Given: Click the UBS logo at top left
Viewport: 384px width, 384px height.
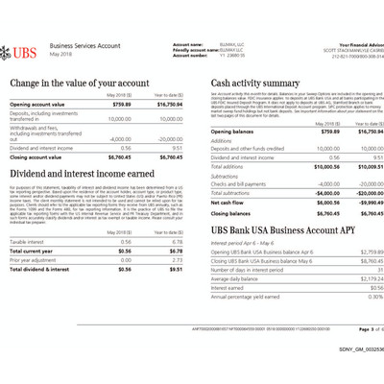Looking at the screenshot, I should (26, 49).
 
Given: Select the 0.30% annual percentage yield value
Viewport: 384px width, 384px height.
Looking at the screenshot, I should (372, 296).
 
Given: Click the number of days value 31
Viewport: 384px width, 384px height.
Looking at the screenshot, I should (375, 270).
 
